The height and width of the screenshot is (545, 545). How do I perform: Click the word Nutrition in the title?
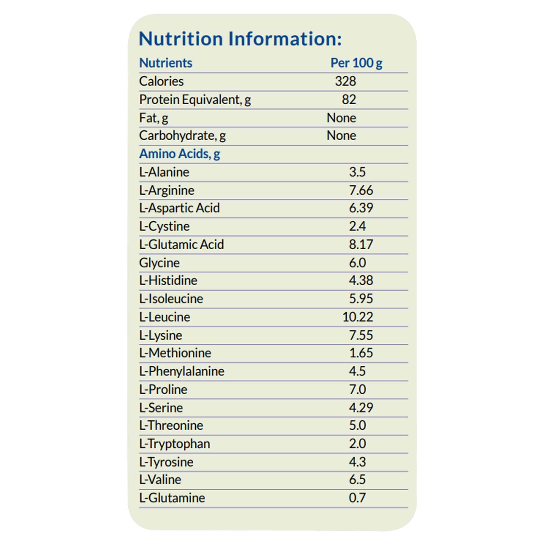pyautogui.click(x=181, y=39)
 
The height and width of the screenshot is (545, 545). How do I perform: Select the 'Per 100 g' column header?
pyautogui.click(x=356, y=63)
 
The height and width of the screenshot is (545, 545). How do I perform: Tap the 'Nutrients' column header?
pyautogui.click(x=166, y=63)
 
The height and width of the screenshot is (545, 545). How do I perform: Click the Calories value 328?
pyautogui.click(x=345, y=81)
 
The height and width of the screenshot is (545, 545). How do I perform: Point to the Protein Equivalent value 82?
pyautogui.click(x=349, y=99)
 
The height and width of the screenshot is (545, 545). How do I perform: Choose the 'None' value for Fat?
pyautogui.click(x=341, y=118)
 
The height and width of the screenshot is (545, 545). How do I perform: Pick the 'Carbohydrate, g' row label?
pyautogui.click(x=182, y=136)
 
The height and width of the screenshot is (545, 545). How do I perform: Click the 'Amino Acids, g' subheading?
pyautogui.click(x=179, y=154)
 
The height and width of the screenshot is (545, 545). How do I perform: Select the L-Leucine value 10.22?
pyautogui.click(x=358, y=317)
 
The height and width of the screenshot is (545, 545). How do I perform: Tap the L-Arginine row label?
pyautogui.click(x=167, y=190)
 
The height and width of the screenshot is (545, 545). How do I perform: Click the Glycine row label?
pyautogui.click(x=159, y=263)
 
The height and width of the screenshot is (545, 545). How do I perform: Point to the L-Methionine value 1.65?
pyautogui.click(x=361, y=353)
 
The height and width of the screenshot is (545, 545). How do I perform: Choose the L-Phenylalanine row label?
pyautogui.click(x=182, y=371)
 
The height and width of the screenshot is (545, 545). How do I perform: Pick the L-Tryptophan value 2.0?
pyautogui.click(x=357, y=444)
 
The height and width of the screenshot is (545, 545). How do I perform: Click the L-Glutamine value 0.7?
pyautogui.click(x=357, y=498)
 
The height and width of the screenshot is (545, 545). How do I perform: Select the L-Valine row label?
pyautogui.click(x=160, y=480)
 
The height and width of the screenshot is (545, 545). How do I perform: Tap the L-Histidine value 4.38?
pyautogui.click(x=361, y=280)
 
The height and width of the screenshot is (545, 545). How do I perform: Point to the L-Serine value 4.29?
pyautogui.click(x=361, y=408)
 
